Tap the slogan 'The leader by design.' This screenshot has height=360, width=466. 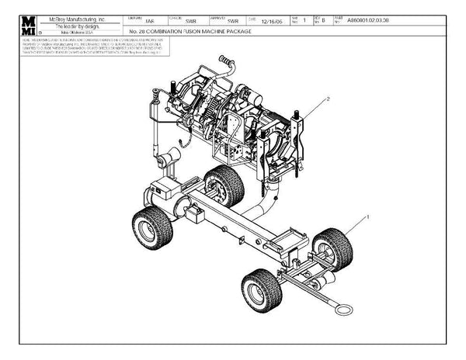tap(81, 25)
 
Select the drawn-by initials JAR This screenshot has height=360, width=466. tap(150, 22)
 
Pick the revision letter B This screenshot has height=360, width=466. tap(323, 22)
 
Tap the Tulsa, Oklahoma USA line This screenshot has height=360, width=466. tap(81, 32)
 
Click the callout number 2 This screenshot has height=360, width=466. tap(329, 99)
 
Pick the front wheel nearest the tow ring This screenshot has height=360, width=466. tap(261, 290)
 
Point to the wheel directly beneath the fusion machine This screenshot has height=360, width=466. tap(224, 186)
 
